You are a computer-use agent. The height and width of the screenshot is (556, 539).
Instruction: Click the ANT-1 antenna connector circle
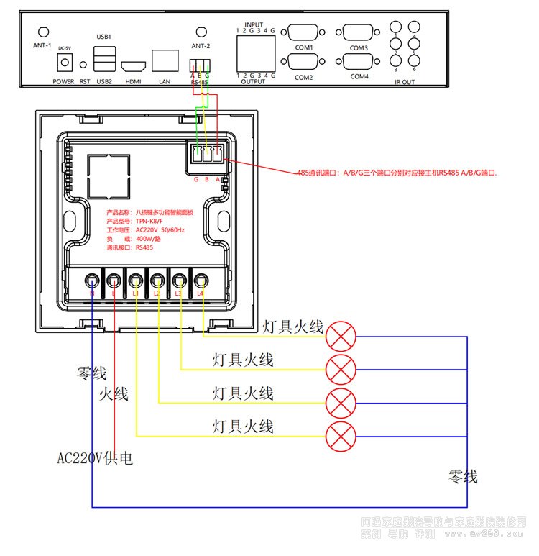coord(43,32)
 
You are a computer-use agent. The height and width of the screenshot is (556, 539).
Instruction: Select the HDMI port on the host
coord(133,65)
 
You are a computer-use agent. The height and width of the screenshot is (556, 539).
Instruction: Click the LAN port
coord(166,60)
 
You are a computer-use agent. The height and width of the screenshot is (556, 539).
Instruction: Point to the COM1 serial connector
coord(305,33)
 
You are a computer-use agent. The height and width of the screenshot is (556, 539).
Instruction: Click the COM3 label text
coord(359,48)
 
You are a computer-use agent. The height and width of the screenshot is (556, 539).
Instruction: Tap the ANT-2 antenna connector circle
coord(201,32)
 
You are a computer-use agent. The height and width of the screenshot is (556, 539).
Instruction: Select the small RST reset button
coord(84,65)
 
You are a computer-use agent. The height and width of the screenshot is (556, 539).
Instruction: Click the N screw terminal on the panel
coord(93,281)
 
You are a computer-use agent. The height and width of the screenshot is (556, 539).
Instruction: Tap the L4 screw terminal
coord(201,281)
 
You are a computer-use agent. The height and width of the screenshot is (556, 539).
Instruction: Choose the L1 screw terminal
coord(136,281)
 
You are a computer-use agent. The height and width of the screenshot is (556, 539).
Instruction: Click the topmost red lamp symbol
coord(341,334)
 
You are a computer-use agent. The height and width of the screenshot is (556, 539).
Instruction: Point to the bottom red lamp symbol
coord(341,436)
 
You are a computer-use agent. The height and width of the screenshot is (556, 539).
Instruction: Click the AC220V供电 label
coord(95,458)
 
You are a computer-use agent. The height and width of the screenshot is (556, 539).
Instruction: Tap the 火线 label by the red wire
coord(113,394)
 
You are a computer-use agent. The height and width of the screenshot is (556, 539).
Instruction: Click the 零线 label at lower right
coord(462,477)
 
